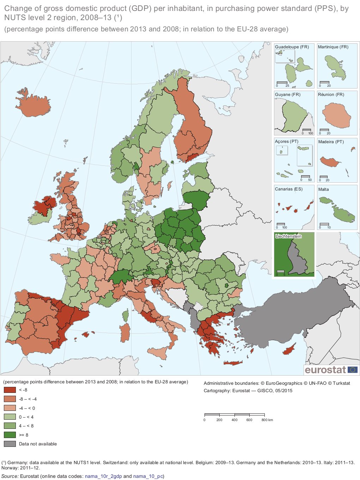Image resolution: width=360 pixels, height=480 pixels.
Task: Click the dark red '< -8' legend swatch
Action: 10,390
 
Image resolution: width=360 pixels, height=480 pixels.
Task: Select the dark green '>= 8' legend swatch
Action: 10,435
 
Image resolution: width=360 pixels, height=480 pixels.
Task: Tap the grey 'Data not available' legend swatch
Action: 10,444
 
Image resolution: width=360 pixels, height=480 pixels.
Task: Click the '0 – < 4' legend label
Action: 26,417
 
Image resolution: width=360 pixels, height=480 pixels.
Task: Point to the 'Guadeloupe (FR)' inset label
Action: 292,47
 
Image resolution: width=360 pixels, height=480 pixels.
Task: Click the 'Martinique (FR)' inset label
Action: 333,47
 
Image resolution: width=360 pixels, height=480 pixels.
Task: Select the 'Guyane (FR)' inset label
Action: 287,95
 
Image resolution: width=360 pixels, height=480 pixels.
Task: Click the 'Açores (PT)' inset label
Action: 286,141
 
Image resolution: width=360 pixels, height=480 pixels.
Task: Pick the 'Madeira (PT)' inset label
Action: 331,142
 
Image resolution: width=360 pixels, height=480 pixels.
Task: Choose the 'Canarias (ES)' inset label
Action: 288,189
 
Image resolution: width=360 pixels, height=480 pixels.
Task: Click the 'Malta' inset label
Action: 323,189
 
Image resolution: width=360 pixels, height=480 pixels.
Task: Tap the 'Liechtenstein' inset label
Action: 288,236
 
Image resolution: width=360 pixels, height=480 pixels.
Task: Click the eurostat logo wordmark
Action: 325,370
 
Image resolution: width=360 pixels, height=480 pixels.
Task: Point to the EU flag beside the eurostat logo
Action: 352,370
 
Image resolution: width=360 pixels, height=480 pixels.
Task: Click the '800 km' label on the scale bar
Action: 267,420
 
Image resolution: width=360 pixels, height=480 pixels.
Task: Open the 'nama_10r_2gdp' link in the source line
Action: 103,476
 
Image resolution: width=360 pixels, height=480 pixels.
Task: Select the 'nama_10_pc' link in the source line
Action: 148,476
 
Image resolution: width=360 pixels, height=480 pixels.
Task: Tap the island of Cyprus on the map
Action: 291,350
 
